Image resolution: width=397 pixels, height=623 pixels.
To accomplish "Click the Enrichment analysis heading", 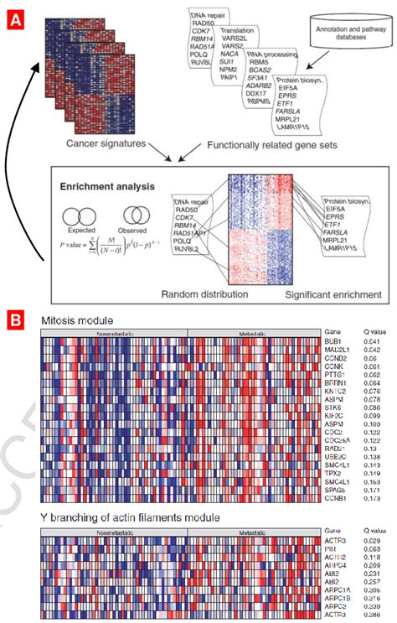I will tap(97, 184).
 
